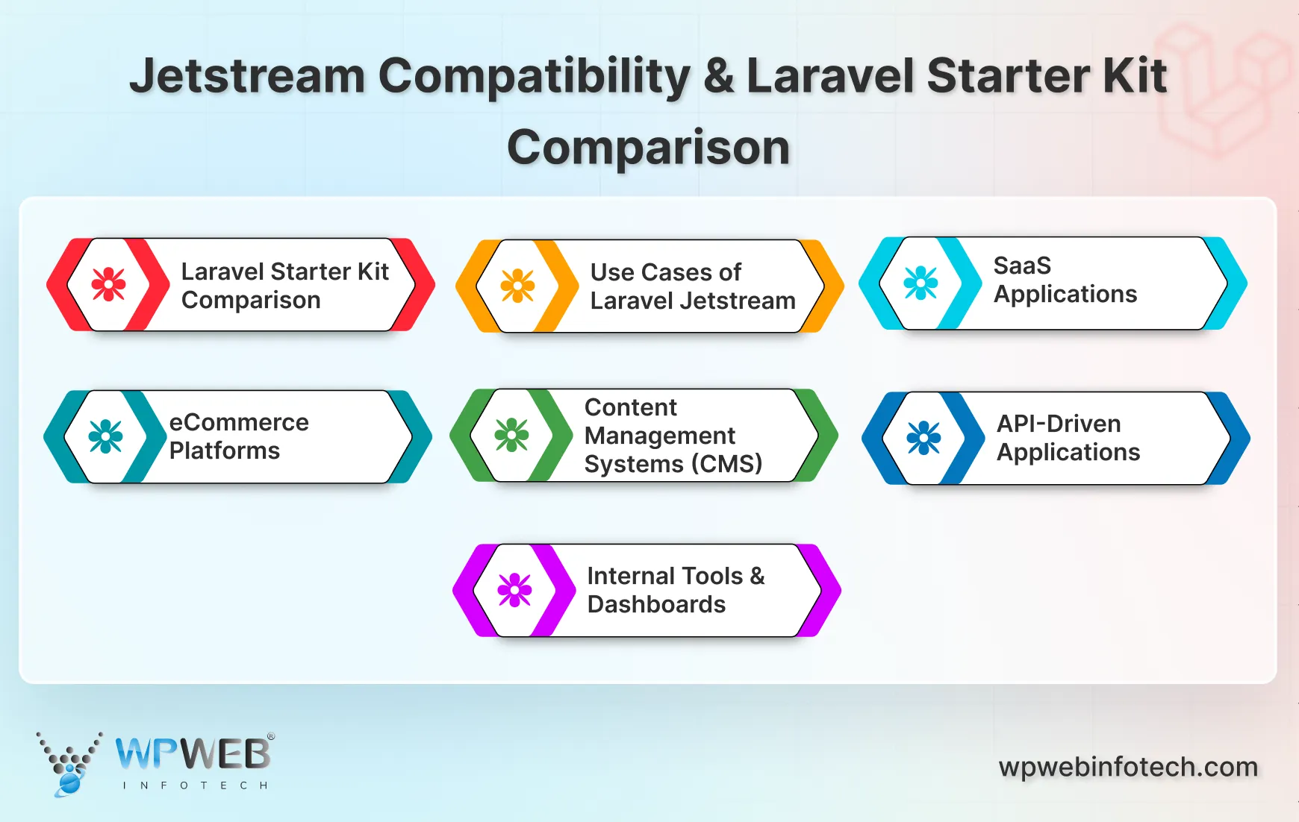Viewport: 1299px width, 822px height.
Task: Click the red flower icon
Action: point(108,284)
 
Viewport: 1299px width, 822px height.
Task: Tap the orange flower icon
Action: point(517,286)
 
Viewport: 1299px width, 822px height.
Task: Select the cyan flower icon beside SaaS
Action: point(920,283)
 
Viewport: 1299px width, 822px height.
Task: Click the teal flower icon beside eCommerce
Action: point(105,436)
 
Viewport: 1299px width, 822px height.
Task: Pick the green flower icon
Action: point(511,435)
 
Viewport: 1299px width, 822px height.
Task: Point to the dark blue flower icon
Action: point(923,438)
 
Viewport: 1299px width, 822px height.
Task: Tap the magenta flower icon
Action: point(514,590)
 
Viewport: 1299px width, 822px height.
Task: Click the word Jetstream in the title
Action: point(246,76)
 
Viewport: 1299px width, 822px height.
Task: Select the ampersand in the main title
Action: point(718,76)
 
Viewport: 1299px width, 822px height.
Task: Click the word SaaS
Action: point(1022,266)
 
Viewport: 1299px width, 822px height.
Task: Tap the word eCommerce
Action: point(239,422)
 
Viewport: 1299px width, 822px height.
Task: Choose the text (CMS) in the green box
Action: point(726,464)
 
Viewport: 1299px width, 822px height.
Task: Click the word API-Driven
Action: point(1059,424)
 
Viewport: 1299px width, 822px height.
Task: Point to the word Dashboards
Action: point(656,604)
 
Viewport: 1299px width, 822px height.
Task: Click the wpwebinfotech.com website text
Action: point(1128,767)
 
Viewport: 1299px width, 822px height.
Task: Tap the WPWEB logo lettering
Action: point(193,754)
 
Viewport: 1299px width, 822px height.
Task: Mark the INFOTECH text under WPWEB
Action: point(195,785)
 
